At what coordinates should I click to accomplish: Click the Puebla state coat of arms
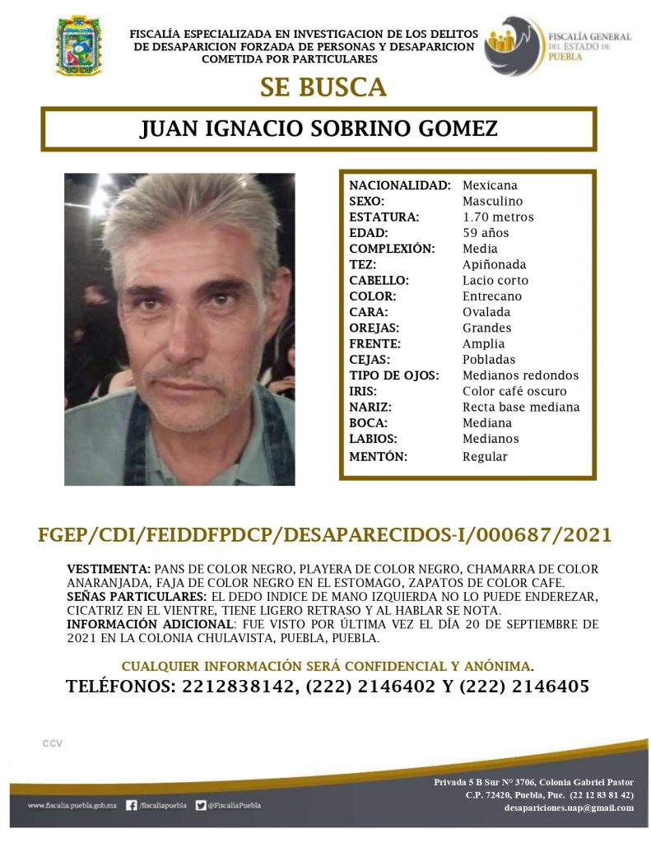(x=78, y=44)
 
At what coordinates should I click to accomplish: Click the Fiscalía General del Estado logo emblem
(x=513, y=45)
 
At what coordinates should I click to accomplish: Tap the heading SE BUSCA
(x=323, y=87)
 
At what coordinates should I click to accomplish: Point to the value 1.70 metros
(x=498, y=217)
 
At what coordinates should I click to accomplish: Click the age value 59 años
(x=486, y=233)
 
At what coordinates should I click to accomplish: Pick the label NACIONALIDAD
(x=399, y=185)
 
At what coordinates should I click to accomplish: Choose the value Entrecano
(x=492, y=296)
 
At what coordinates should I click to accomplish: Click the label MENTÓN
(x=379, y=456)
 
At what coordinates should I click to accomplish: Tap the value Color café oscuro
(x=514, y=391)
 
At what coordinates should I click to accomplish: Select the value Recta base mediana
(x=521, y=407)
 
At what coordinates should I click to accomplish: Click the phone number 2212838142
(x=235, y=686)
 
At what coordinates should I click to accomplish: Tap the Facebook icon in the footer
(x=132, y=806)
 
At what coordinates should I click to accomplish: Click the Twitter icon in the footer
(x=201, y=806)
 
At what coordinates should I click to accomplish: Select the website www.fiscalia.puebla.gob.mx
(x=73, y=806)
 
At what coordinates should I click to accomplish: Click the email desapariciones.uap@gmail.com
(x=569, y=808)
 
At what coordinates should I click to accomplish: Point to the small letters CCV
(x=53, y=743)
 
